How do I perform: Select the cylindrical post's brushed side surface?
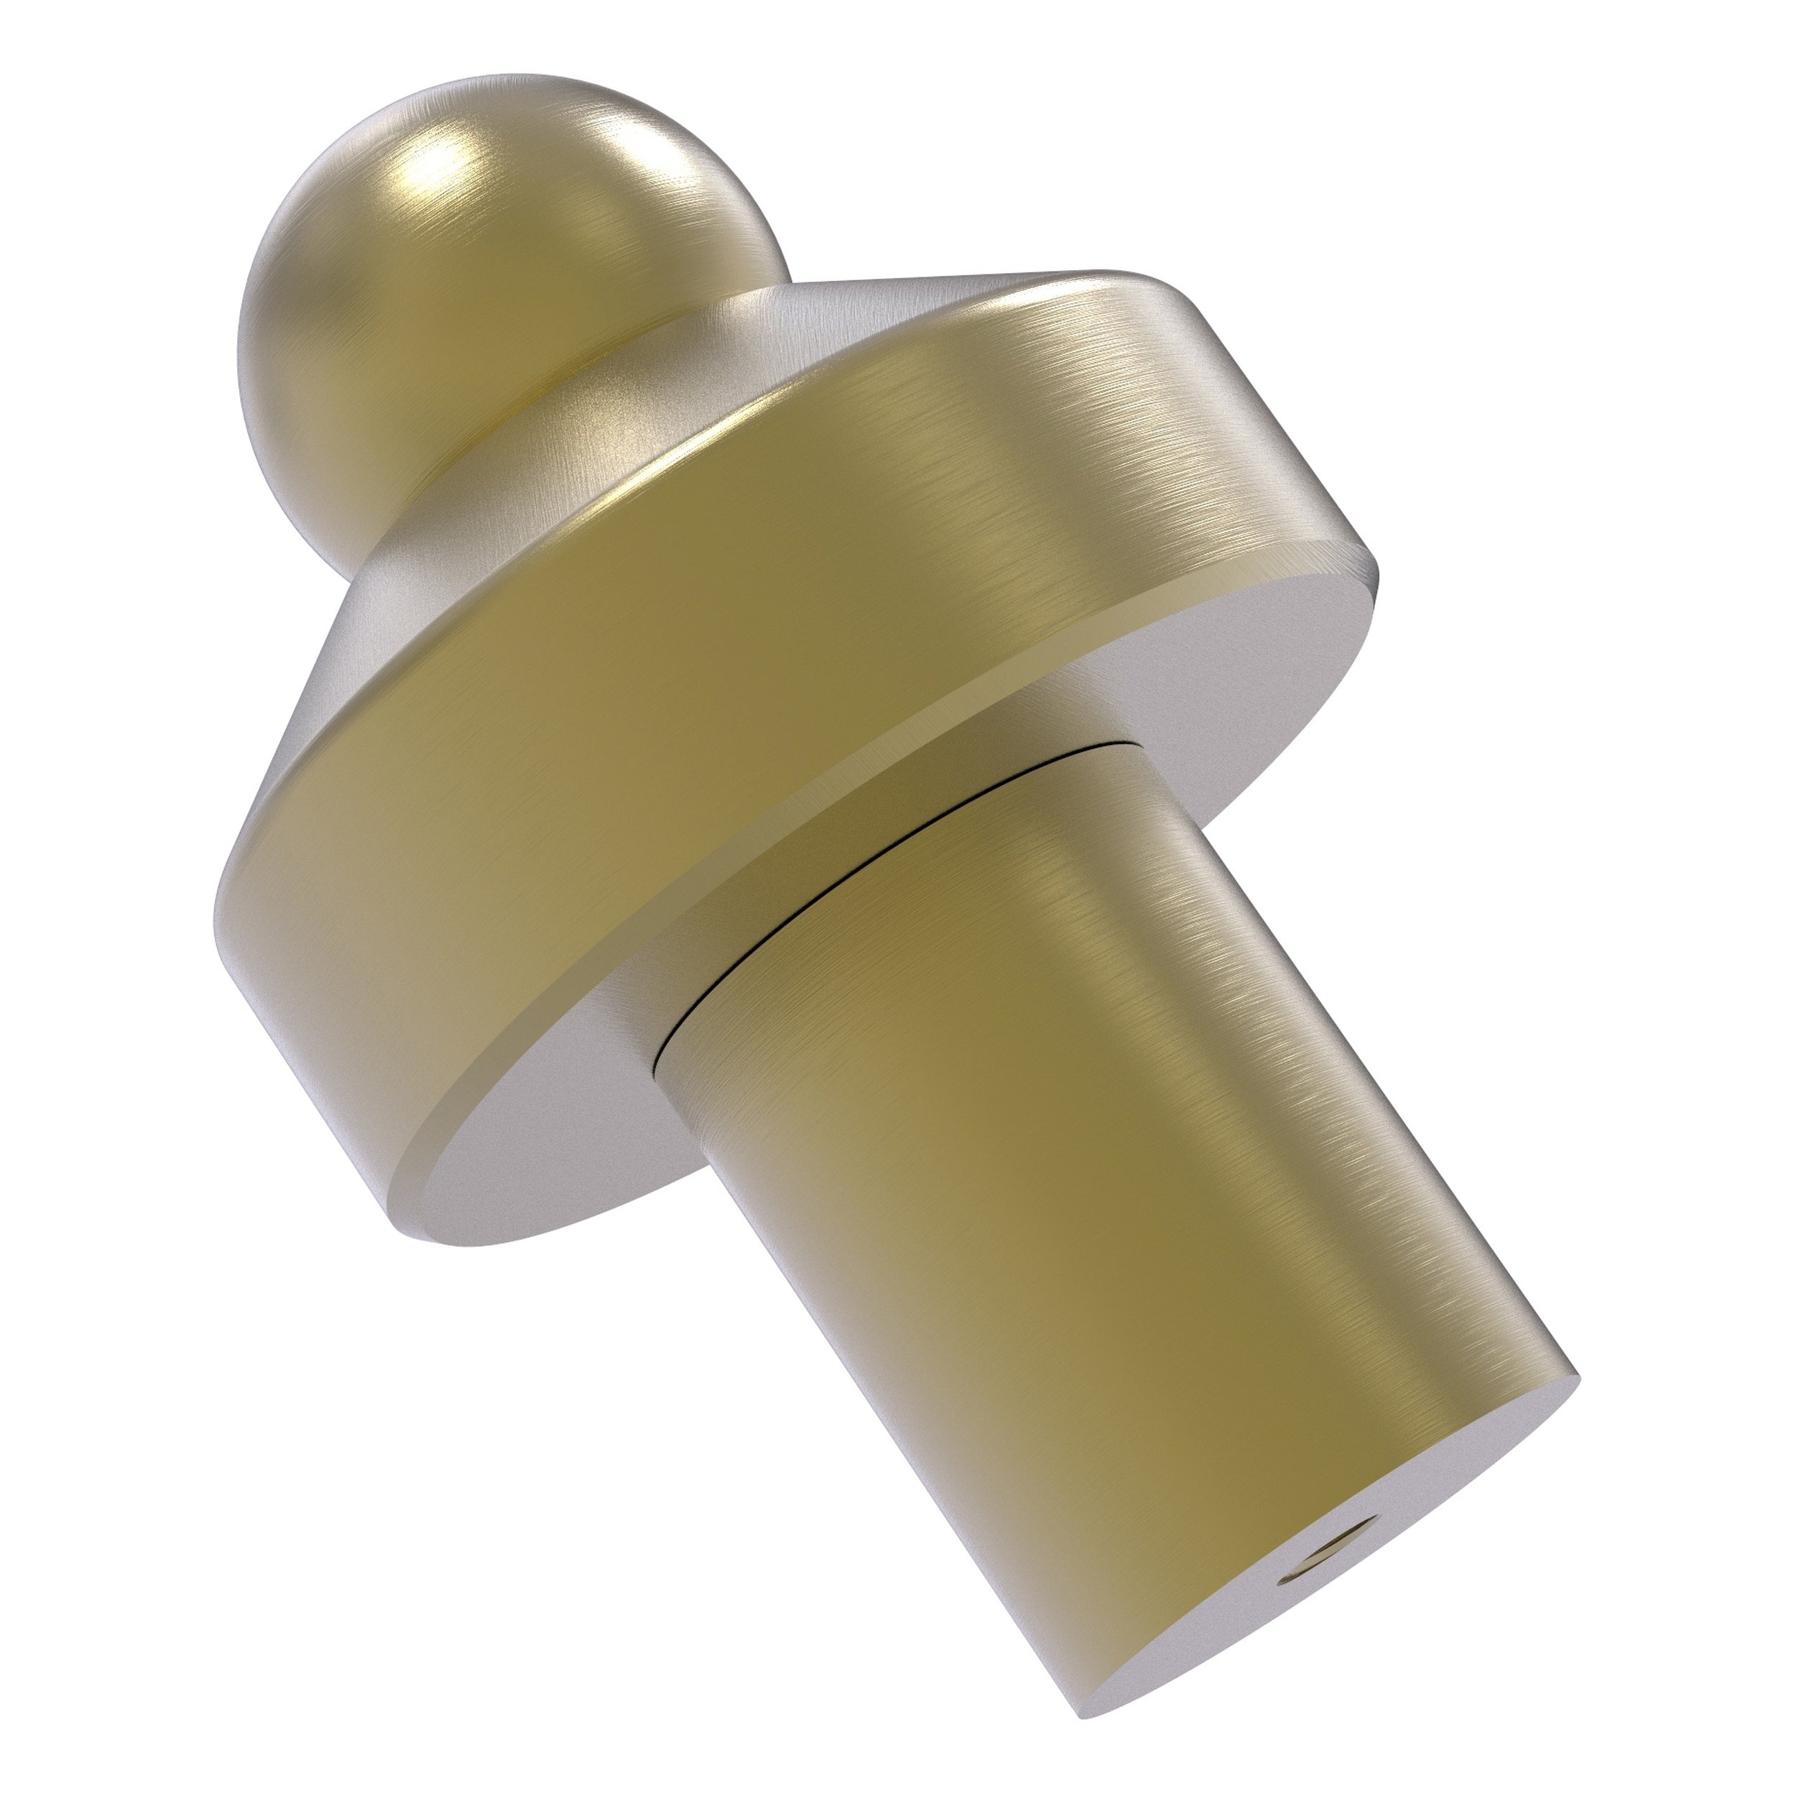tap(1069, 1208)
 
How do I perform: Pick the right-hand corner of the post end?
tap(1575, 1399)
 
